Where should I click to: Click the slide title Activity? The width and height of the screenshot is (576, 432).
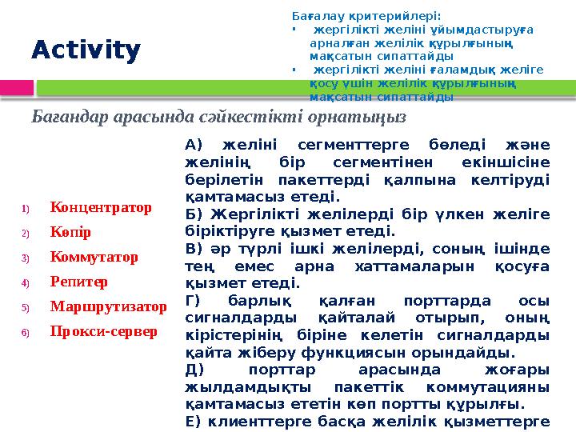(86, 50)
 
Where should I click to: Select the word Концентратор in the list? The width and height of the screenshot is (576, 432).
(101, 208)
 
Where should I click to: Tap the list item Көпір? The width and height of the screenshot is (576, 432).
(70, 233)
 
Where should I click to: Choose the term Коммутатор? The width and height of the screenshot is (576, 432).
(94, 258)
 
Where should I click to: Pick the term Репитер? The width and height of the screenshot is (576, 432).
(78, 282)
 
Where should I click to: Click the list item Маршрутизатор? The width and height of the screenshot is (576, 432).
(108, 306)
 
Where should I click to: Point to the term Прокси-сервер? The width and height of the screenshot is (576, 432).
(103, 330)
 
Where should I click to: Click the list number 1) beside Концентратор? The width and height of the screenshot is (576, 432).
(26, 210)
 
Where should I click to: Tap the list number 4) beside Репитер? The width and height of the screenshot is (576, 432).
(26, 283)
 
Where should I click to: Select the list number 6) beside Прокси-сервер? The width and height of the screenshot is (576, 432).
(26, 332)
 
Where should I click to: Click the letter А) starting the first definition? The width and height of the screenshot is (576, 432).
(194, 145)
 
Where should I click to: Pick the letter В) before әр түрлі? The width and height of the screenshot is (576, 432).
(194, 248)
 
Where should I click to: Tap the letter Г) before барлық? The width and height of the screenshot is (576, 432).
(194, 301)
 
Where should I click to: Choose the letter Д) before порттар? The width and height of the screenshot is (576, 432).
(194, 370)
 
